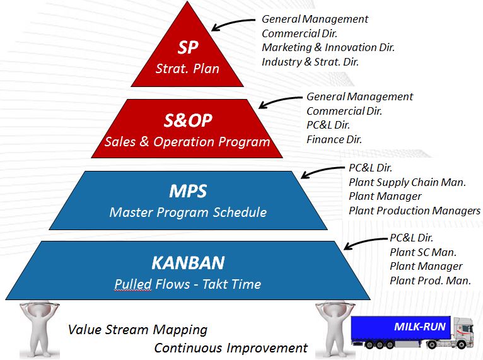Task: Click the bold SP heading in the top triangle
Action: click(x=188, y=48)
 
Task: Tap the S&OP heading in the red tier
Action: click(x=188, y=120)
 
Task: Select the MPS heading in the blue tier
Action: click(x=188, y=191)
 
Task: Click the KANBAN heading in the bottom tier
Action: click(x=188, y=263)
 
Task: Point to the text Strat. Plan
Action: click(x=187, y=68)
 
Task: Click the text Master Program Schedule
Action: click(x=188, y=212)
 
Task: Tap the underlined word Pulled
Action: click(x=133, y=284)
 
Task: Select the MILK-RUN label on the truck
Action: click(x=419, y=327)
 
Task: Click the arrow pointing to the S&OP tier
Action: click(x=280, y=101)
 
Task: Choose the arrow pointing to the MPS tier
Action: click(x=322, y=171)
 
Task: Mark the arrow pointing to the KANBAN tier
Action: click(x=365, y=242)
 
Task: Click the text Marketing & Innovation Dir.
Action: click(x=328, y=47)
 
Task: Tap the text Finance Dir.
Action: click(x=334, y=139)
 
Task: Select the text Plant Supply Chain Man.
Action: click(x=407, y=182)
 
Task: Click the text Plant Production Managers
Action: click(x=414, y=211)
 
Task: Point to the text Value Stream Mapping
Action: click(x=137, y=330)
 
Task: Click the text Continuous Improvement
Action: click(x=231, y=348)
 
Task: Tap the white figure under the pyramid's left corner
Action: click(x=39, y=330)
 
